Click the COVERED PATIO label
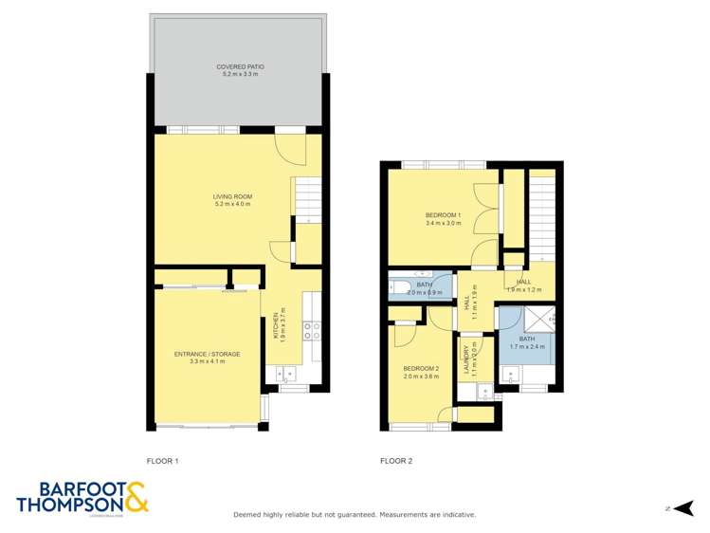(x=240, y=66)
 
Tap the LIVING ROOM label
(x=233, y=196)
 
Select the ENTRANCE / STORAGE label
(x=207, y=354)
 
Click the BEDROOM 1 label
(x=443, y=215)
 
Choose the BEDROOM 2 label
(x=421, y=368)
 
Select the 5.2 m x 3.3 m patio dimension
(x=240, y=74)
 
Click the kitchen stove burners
(x=312, y=330)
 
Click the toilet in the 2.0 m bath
(x=398, y=287)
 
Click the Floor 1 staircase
(x=305, y=197)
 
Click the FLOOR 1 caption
(x=162, y=461)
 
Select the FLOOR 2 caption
(x=396, y=461)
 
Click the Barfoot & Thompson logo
(x=82, y=497)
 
